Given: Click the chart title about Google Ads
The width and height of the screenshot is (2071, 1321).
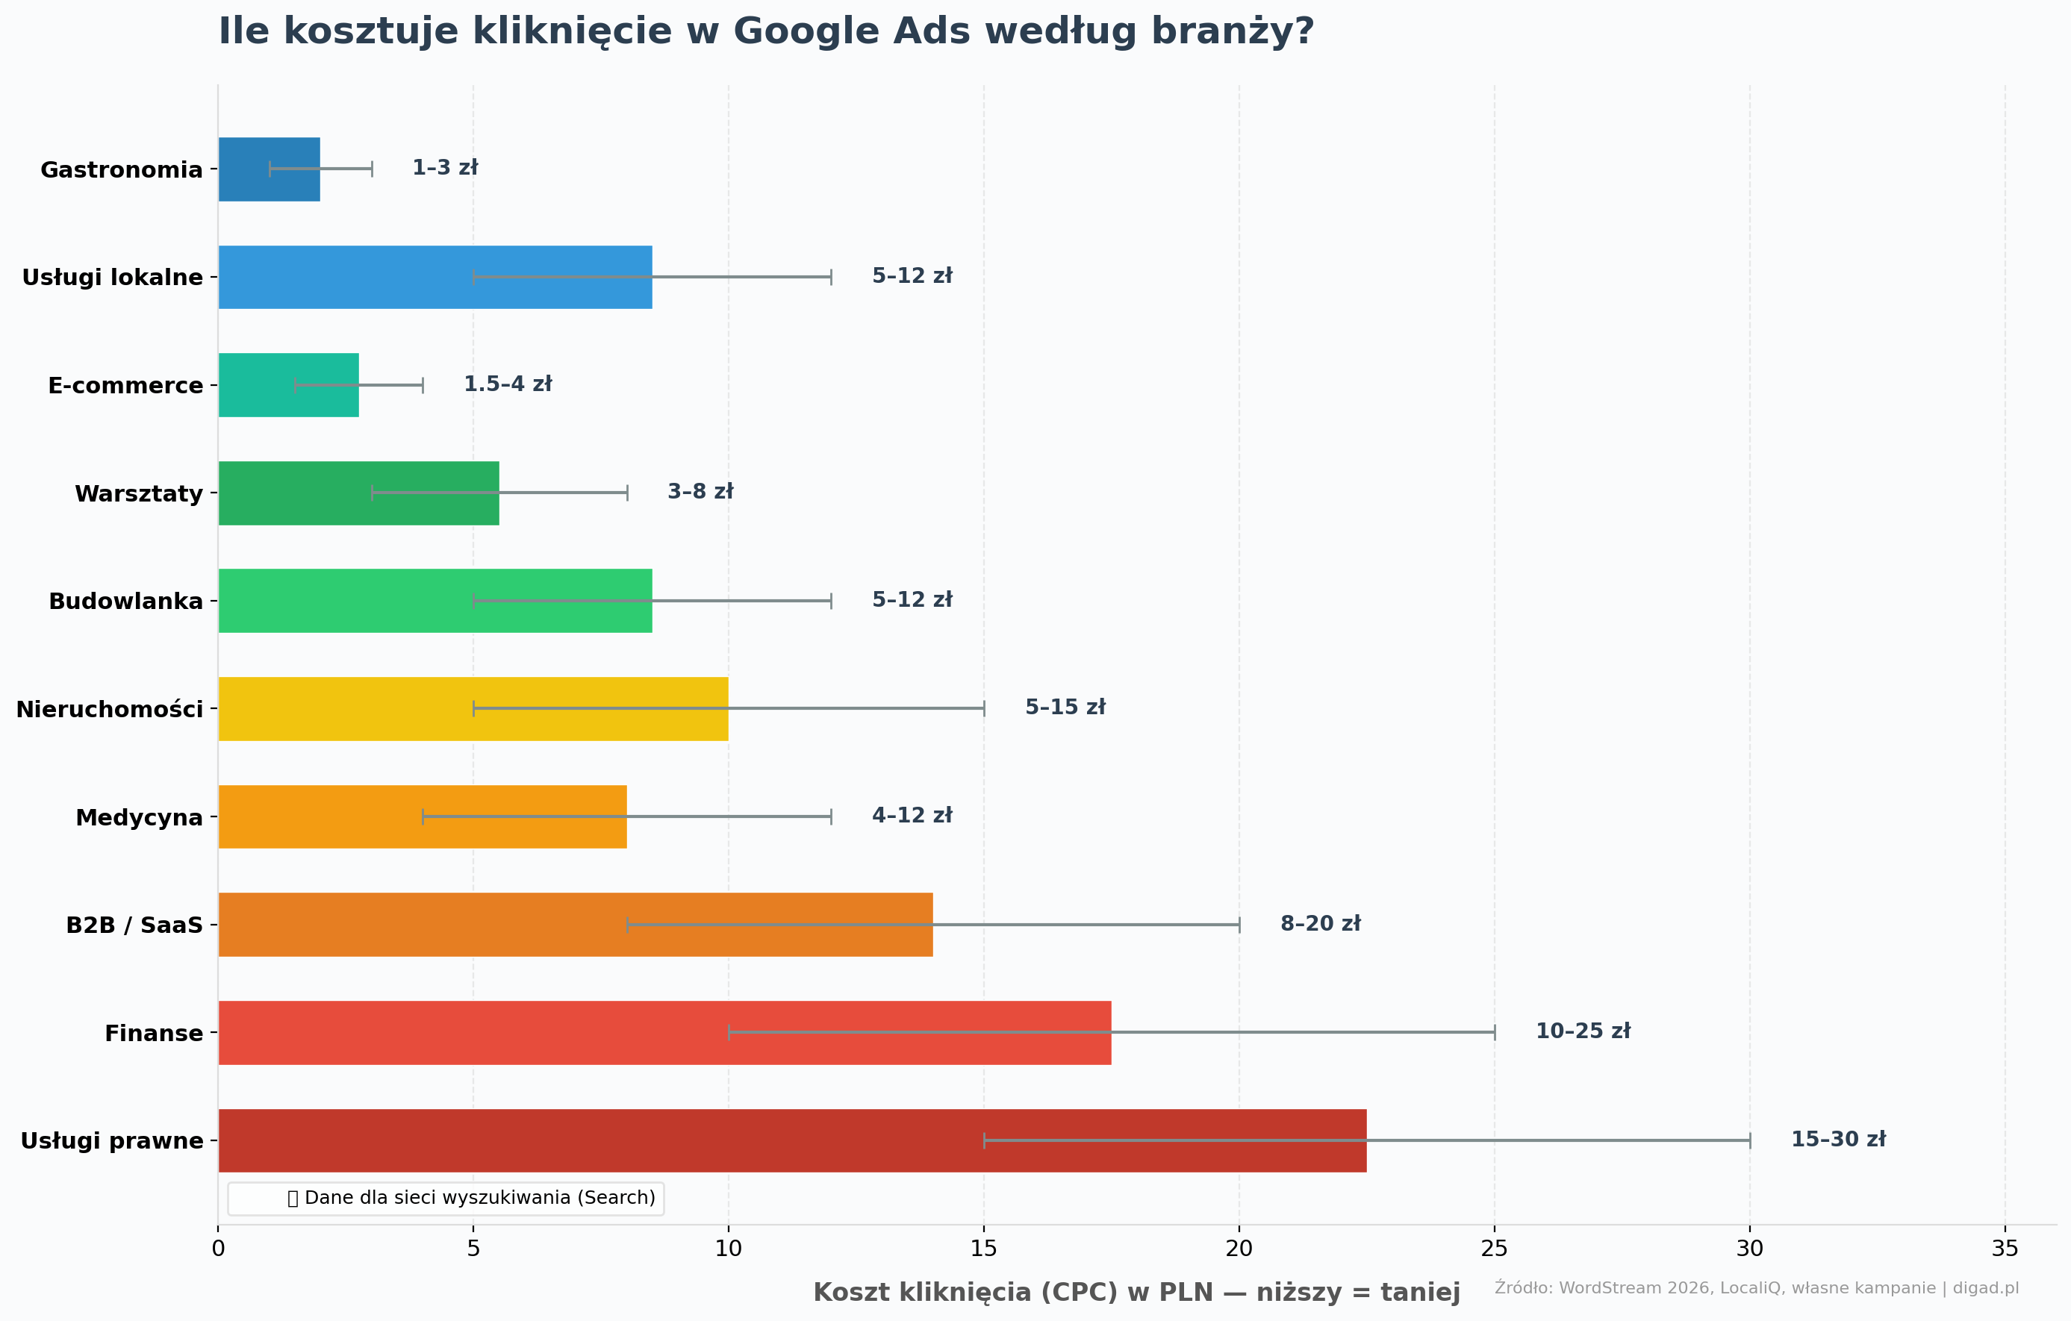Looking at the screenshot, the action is [x=765, y=32].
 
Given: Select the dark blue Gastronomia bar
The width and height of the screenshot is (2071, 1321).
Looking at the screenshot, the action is [x=270, y=169].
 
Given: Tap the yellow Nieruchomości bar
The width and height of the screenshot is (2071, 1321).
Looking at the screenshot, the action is [x=473, y=709].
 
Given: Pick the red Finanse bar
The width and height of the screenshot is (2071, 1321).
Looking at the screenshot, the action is [x=664, y=1032].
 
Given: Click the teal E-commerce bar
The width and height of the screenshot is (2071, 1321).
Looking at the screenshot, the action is [x=288, y=385].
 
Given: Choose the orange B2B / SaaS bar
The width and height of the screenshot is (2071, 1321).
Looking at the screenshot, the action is [x=576, y=925].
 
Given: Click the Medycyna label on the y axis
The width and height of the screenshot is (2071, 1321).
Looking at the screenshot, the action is [x=140, y=817].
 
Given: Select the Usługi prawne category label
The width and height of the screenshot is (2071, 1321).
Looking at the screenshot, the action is [x=112, y=1140].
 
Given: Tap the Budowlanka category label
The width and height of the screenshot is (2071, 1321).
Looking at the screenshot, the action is [x=125, y=601].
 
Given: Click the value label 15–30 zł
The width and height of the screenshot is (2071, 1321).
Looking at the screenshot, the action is [x=1838, y=1139].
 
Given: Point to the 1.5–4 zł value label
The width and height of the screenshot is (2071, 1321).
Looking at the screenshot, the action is [x=508, y=384].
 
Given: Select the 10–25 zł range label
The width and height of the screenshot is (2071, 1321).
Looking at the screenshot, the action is [x=1583, y=1031].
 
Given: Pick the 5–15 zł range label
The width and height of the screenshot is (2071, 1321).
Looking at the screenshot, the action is [x=1065, y=707].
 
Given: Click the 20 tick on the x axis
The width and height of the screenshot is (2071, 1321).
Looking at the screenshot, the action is [x=1239, y=1249].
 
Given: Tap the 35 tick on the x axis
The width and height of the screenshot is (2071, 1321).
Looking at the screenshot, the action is [x=2005, y=1249].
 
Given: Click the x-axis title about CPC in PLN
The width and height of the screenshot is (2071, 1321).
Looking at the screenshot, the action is [x=1136, y=1293].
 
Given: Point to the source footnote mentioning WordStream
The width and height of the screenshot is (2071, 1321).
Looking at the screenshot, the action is [x=1756, y=1287].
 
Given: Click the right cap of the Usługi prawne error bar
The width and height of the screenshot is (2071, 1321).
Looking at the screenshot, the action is [x=1749, y=1140].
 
